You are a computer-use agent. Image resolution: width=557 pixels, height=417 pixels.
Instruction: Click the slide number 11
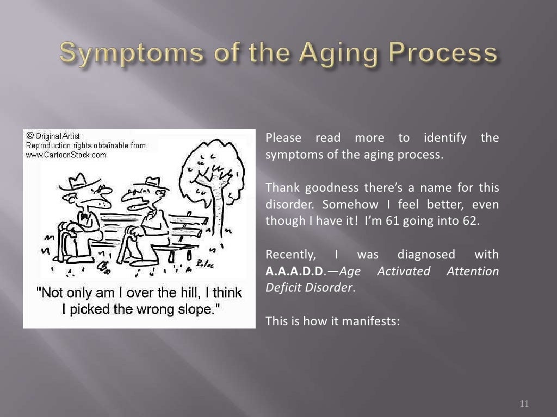[524, 403]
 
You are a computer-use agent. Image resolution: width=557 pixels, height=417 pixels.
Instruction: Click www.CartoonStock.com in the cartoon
[66, 155]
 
